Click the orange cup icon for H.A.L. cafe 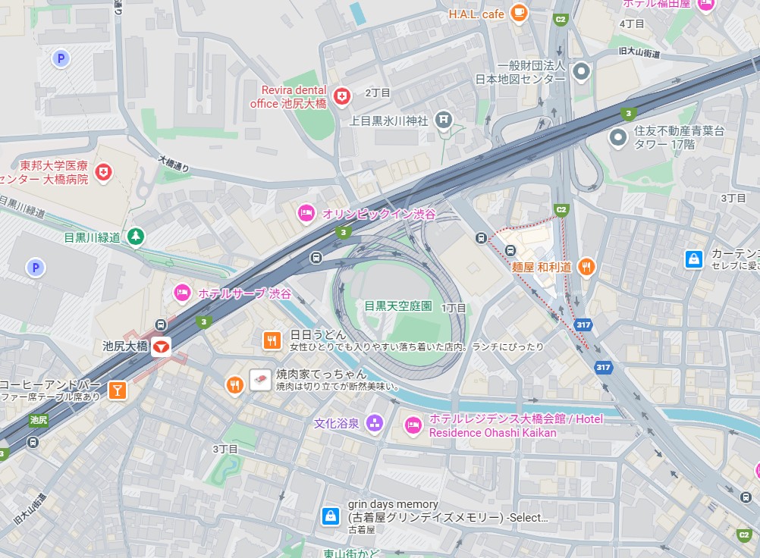click(519, 12)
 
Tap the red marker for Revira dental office click(343, 96)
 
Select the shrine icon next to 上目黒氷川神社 click(444, 120)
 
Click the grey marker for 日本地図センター click(582, 72)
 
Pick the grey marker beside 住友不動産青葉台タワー click(619, 137)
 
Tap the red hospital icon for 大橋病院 click(104, 173)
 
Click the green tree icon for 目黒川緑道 click(136, 237)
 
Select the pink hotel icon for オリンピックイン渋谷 click(306, 214)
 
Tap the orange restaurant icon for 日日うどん click(272, 340)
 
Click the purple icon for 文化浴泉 click(374, 423)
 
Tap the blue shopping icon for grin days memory click(331, 516)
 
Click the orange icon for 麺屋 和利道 click(586, 267)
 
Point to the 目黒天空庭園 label click(398, 306)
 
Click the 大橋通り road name click(174, 162)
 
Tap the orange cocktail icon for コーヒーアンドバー click(117, 390)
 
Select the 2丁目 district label click(377, 92)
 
